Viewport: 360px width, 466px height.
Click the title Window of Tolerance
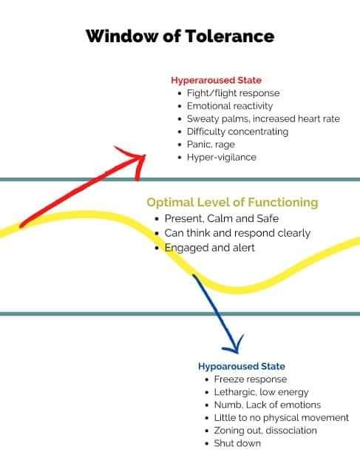click(180, 36)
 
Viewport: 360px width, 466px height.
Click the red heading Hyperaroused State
click(216, 80)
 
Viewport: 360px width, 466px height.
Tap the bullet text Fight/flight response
click(233, 93)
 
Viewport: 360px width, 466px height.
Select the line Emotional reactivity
click(231, 106)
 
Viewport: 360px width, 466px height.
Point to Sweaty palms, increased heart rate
click(262, 118)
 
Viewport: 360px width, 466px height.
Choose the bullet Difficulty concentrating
click(237, 132)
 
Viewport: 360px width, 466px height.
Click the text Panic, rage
click(210, 144)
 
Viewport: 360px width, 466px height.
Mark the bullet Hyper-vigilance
click(220, 158)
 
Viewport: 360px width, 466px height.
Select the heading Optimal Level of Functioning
click(232, 202)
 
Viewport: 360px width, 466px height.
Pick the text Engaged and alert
click(209, 248)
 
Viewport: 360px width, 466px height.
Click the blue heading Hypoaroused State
click(241, 366)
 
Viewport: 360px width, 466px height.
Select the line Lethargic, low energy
click(261, 392)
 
